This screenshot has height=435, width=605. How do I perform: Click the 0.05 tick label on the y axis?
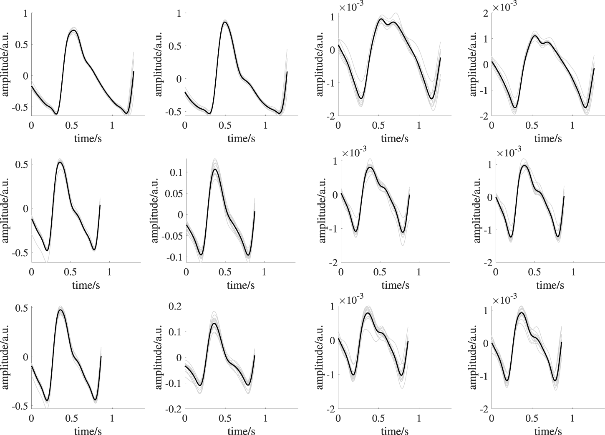(173, 193)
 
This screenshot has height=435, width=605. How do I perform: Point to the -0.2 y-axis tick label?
(172, 410)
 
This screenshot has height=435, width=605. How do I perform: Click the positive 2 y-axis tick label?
(485, 13)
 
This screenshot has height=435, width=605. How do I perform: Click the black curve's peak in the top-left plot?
(73, 30)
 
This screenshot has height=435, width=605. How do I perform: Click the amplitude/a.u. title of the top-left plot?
(5, 64)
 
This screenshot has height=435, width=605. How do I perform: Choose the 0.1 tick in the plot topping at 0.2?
(174, 332)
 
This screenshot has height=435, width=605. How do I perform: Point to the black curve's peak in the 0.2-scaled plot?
(214, 323)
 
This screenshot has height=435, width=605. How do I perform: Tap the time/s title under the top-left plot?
(88, 138)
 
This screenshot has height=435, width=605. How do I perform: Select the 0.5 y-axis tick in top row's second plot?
(176, 46)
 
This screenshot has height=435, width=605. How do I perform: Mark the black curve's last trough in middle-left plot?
(94, 250)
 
